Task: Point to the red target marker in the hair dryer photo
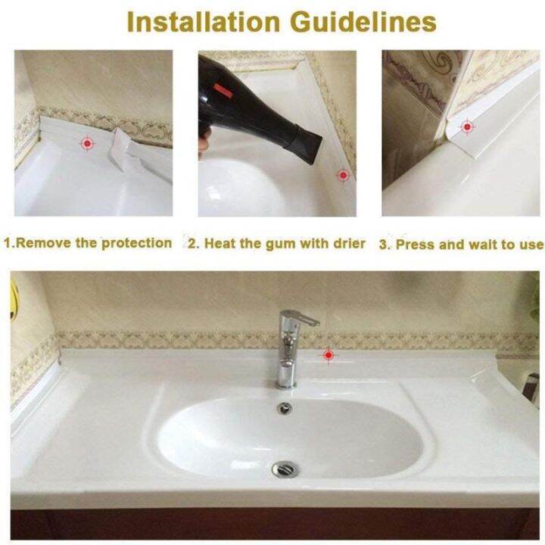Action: (x=343, y=174)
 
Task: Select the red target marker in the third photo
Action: (x=467, y=126)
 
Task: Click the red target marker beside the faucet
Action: (x=328, y=353)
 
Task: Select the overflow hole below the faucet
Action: (x=285, y=408)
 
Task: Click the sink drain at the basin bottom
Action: (x=286, y=469)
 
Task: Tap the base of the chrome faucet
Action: (x=286, y=378)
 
